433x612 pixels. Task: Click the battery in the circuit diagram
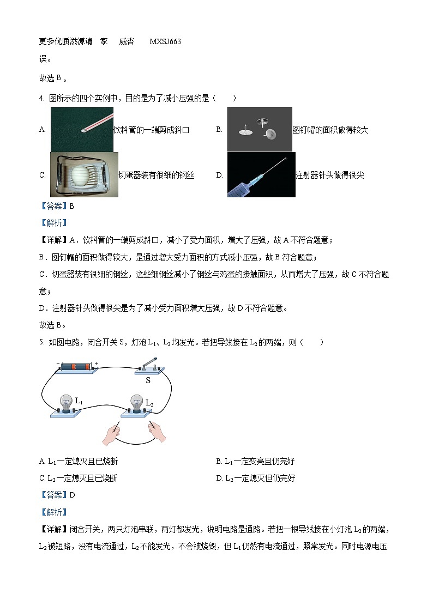(x=79, y=367)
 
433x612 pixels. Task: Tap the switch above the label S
(x=149, y=368)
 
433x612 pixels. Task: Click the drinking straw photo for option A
(x=82, y=129)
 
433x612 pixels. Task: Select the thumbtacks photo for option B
(x=260, y=129)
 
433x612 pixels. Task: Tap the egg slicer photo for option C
(x=84, y=174)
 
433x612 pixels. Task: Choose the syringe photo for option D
(x=261, y=174)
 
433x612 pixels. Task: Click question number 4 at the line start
(x=41, y=98)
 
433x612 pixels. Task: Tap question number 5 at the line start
(x=41, y=342)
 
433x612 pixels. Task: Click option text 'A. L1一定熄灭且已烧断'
(x=79, y=462)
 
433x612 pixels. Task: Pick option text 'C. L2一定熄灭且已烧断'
(x=79, y=478)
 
